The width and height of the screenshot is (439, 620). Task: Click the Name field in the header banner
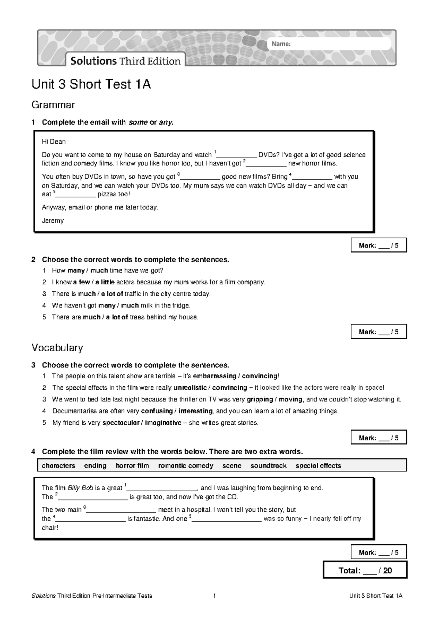pos(329,44)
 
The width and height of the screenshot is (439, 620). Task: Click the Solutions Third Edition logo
pos(125,61)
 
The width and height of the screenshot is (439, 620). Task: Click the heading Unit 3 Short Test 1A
pos(91,84)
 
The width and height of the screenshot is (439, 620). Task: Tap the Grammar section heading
pos(53,105)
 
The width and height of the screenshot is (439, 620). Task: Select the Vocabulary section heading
pos(57,347)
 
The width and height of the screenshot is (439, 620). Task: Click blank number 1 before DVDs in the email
pos(237,155)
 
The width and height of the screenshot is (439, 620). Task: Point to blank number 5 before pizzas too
pos(76,195)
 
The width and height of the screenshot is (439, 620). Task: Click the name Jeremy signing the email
pos(53,220)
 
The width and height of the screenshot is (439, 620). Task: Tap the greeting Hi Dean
pos(54,141)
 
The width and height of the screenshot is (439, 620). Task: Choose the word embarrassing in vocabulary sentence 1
pos(214,376)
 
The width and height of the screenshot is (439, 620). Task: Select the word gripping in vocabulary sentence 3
pos(260,399)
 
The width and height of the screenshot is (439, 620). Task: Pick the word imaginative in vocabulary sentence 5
pos(163,423)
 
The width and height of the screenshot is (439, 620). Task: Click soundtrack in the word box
pos(268,465)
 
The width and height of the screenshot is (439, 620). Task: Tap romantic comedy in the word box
pos(185,465)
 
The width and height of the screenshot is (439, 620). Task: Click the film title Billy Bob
pos(80,488)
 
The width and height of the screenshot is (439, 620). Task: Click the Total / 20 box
pos(365,570)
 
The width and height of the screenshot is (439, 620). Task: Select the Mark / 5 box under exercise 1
pos(379,245)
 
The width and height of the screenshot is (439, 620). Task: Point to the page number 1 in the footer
pos(215,596)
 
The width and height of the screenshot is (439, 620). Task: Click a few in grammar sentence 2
pos(81,282)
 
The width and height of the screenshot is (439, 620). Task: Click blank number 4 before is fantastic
pos(90,519)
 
